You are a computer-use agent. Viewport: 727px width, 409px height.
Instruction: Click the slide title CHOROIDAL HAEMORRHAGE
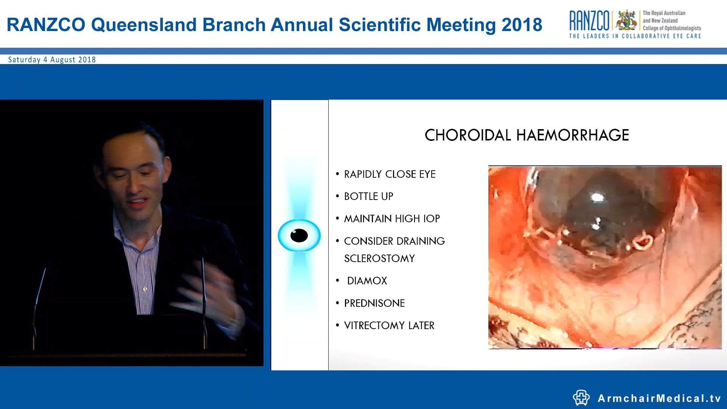tap(527, 135)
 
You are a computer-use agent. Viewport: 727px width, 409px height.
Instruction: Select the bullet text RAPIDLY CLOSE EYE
tap(390, 174)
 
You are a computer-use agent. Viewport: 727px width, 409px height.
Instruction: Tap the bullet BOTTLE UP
tap(368, 197)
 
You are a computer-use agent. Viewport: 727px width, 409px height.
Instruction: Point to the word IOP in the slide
tap(431, 219)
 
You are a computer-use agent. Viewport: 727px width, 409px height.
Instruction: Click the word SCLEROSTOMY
tap(379, 259)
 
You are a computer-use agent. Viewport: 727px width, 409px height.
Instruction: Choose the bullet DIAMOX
tap(367, 281)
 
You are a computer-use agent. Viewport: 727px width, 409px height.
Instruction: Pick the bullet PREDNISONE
tap(374, 303)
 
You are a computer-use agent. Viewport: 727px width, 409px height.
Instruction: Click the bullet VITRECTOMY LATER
tap(389, 326)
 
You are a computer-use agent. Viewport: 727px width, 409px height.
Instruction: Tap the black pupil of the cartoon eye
tap(299, 236)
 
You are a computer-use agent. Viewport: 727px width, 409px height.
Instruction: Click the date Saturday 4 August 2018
tap(52, 60)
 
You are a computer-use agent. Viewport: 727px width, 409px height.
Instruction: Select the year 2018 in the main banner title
tap(522, 25)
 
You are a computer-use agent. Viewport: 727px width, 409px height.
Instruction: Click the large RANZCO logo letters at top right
tap(589, 21)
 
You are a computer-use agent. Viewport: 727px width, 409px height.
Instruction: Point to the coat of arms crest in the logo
tap(626, 20)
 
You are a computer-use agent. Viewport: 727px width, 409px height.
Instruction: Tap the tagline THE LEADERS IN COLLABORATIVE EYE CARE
tap(635, 36)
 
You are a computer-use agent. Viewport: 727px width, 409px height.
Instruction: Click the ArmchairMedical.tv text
tap(659, 398)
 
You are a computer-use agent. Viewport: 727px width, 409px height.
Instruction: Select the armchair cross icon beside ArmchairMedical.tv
tap(581, 398)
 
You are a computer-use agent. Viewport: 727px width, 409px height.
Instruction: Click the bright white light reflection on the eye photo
tap(597, 197)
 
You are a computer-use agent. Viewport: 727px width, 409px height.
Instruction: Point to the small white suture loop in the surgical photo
tap(642, 242)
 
